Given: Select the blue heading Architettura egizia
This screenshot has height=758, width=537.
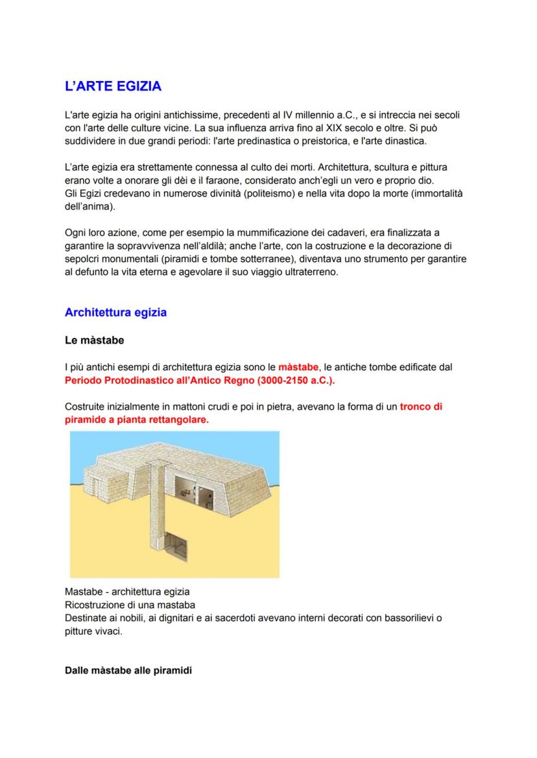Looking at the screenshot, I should click(115, 313).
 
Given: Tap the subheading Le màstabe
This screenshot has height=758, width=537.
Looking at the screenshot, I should click(94, 340).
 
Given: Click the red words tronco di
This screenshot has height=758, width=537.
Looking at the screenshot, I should click(421, 407).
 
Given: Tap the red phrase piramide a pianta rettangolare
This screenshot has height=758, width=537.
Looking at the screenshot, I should click(137, 420).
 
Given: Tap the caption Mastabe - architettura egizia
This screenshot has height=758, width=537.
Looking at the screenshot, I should click(127, 592).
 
